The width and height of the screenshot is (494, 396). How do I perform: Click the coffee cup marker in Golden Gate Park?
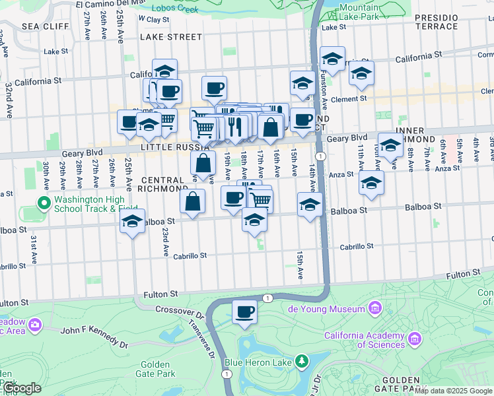(x=244, y=312)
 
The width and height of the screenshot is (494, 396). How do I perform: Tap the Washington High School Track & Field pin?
(x=44, y=203)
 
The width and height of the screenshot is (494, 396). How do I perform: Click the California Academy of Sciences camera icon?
(x=414, y=339)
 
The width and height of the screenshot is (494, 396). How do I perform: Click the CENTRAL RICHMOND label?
(x=162, y=185)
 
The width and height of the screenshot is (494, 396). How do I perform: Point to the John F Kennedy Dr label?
(x=94, y=336)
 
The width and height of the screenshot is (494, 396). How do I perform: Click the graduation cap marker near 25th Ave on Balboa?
(x=132, y=222)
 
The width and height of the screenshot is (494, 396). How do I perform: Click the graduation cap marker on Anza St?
(x=371, y=183)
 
